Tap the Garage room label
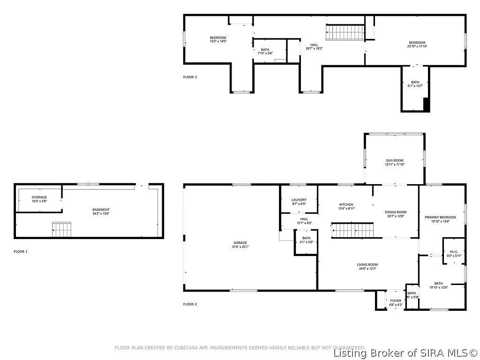coord(240,243)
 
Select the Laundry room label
coord(299,200)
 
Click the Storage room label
coord(39,197)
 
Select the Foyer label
coord(396,300)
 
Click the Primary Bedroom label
coord(440,217)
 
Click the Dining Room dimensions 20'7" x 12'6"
coord(396,217)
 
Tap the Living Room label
coord(367,264)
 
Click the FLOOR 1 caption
coord(21,252)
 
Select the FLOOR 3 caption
coord(190,77)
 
